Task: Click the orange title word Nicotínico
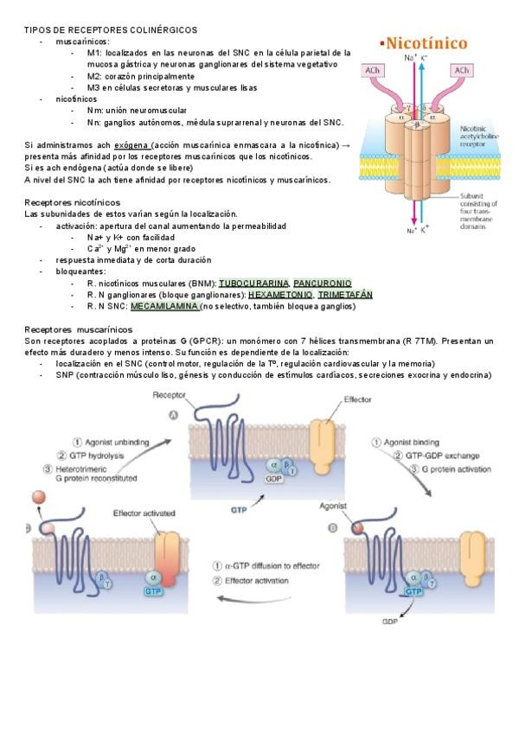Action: coord(426,42)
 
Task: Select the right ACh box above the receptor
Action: coord(461,69)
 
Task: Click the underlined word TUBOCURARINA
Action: coord(253,283)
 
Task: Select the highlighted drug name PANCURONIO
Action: coord(323,283)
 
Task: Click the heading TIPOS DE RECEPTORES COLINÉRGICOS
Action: coord(111,30)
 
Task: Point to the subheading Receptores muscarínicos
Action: coord(78,329)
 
